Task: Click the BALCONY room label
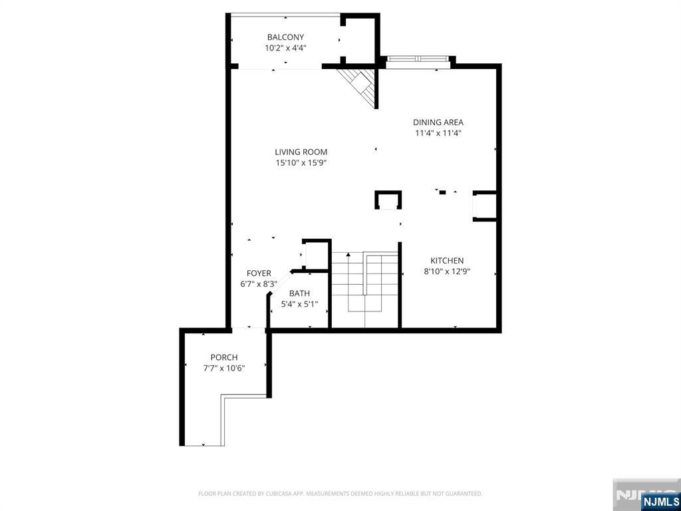coord(285,37)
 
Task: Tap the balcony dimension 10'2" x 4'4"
coord(285,48)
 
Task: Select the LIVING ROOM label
coord(301,152)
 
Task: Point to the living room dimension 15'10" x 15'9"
coord(301,162)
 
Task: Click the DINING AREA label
coord(438,122)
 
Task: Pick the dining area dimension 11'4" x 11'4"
coord(438,133)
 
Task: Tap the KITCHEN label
coord(447,261)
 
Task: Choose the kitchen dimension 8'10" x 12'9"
coord(447,271)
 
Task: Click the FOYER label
coord(259,273)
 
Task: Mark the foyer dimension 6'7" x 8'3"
coord(259,284)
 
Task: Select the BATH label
coord(299,293)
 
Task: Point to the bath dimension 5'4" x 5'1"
coord(299,305)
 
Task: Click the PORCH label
coord(224,357)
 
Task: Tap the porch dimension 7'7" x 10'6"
coord(224,368)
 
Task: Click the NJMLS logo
coord(660,501)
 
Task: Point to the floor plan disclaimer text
coord(340,494)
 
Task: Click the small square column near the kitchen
coord(388,200)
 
